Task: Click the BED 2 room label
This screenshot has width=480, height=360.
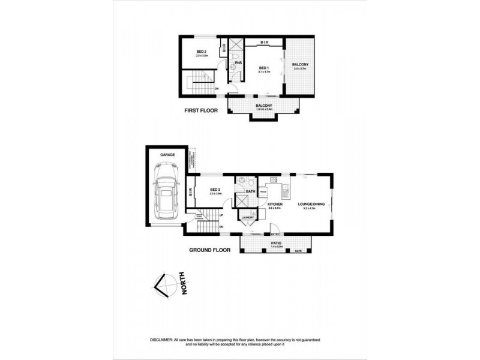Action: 202,52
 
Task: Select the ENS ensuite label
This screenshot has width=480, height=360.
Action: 238,62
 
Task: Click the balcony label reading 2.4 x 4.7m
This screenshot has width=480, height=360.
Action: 300,64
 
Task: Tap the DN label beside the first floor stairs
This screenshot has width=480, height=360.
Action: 216,89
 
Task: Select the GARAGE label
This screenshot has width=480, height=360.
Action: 167,155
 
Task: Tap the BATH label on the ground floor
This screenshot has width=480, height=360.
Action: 251,191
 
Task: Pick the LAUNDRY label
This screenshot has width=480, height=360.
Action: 247,218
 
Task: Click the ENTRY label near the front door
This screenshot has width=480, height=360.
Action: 275,234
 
